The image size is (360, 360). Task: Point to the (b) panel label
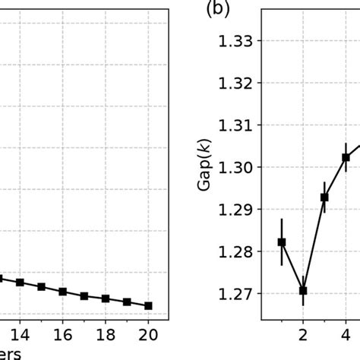(208, 11)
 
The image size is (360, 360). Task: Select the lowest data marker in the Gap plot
(303, 290)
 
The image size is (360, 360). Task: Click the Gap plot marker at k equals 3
(324, 197)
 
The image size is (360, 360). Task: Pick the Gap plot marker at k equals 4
(346, 157)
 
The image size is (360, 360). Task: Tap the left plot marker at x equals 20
(149, 305)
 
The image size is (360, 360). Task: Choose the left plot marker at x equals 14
(21, 283)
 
